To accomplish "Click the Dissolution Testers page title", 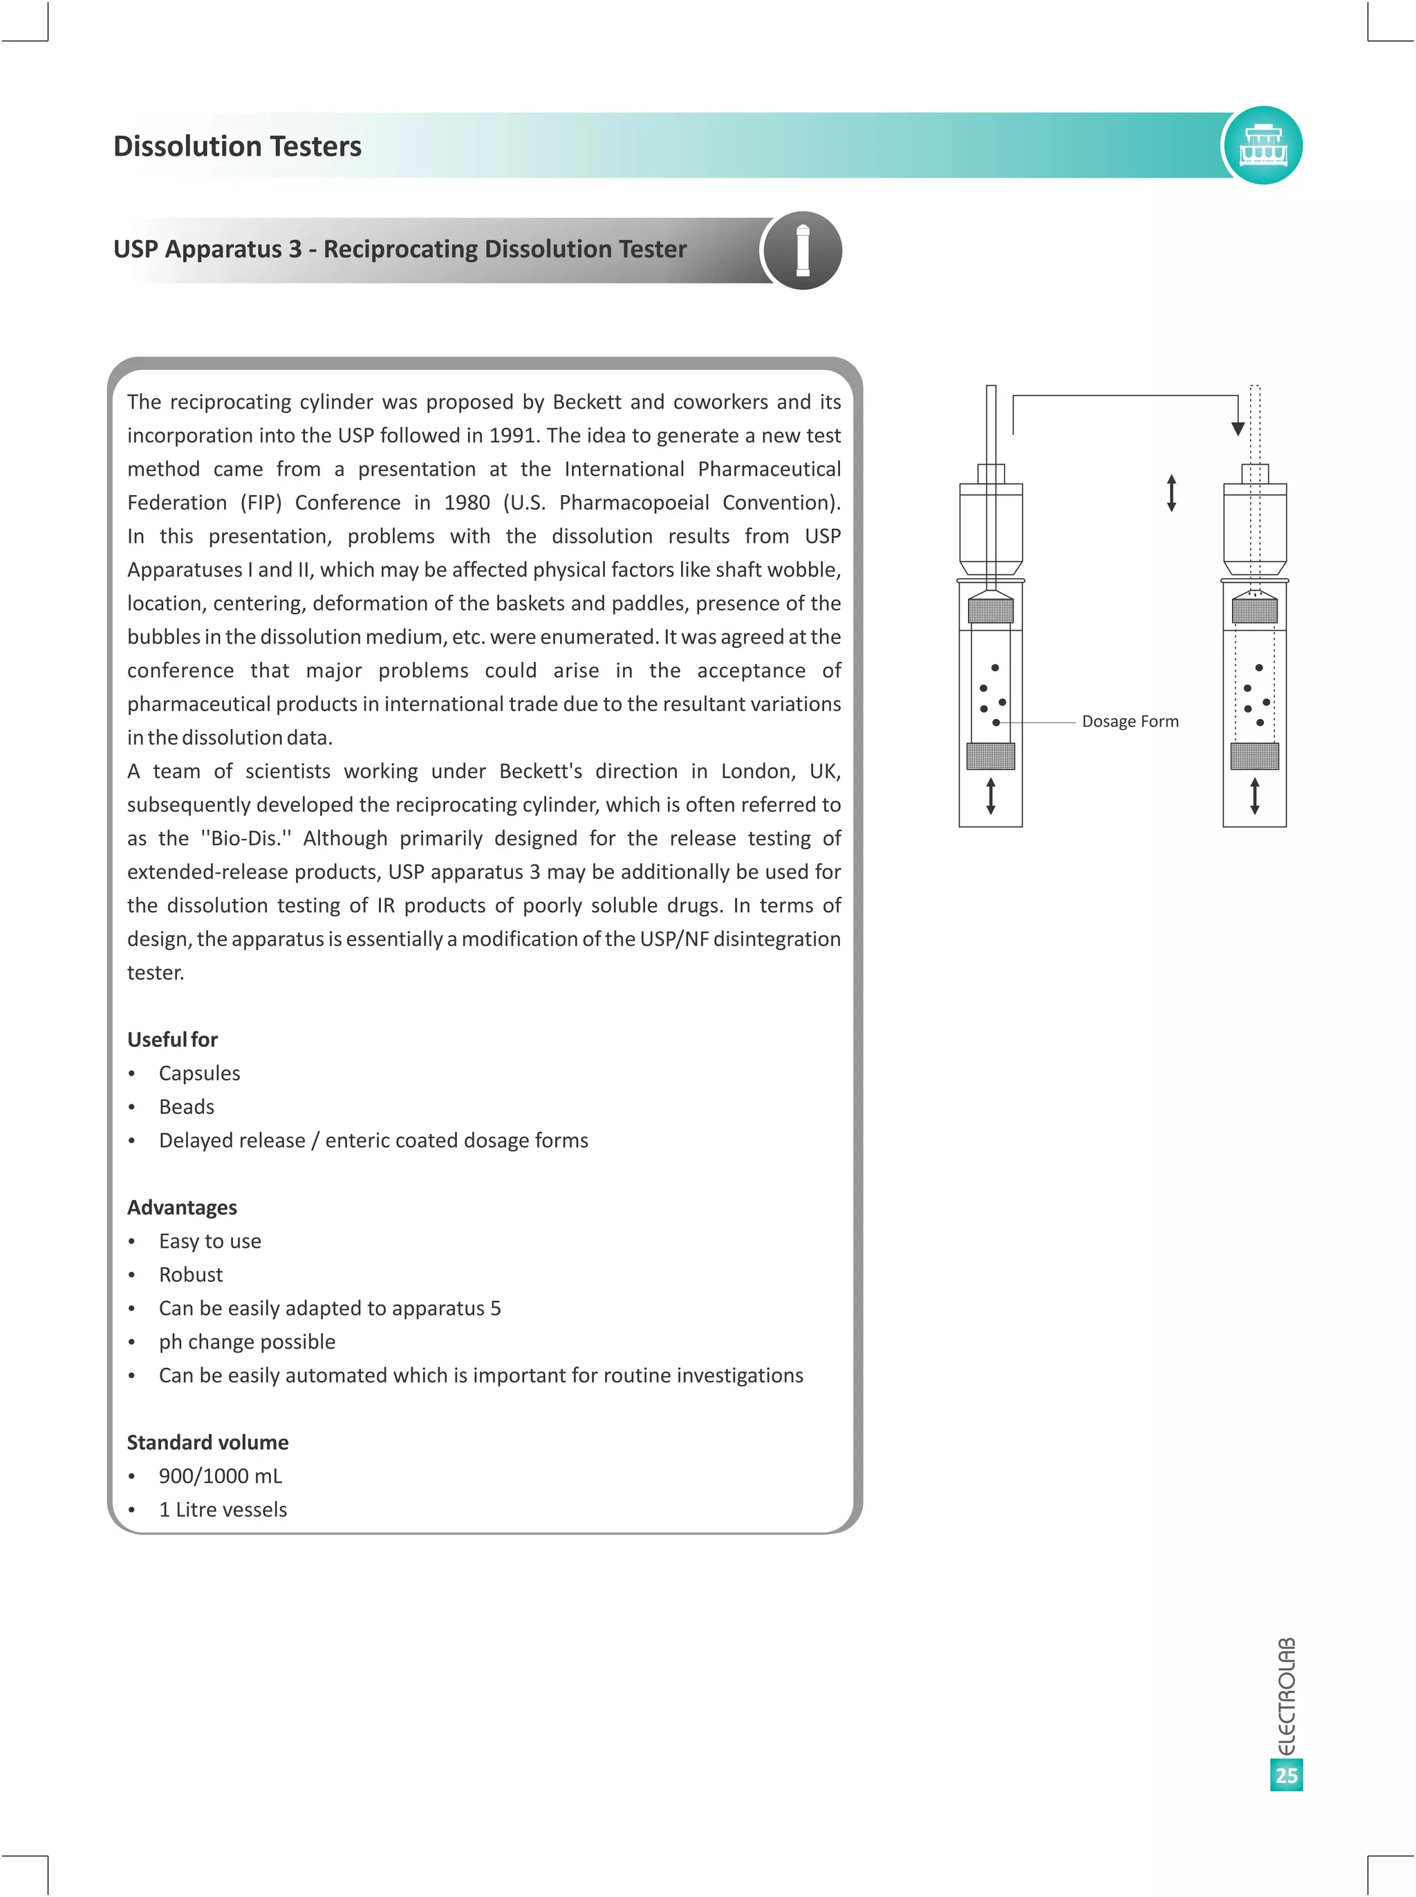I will [237, 146].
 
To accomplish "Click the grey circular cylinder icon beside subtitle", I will [802, 250].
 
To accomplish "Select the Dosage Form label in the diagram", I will [1130, 722].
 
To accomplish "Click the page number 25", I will [1286, 1775].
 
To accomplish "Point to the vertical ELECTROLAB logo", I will [1286, 1696].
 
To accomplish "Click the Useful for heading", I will [172, 1040].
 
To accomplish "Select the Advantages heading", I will [182, 1207].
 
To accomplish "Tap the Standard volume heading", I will [207, 1443].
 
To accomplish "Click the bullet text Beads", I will [186, 1107].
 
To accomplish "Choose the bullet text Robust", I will [190, 1275].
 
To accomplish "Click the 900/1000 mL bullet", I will [221, 1476].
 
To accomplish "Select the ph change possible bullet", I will [247, 1342].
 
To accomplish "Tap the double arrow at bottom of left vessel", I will [991, 795].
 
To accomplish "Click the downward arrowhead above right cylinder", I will [1238, 429].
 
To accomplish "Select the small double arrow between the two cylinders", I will [1172, 493].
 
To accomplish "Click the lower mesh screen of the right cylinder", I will [1254, 756].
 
